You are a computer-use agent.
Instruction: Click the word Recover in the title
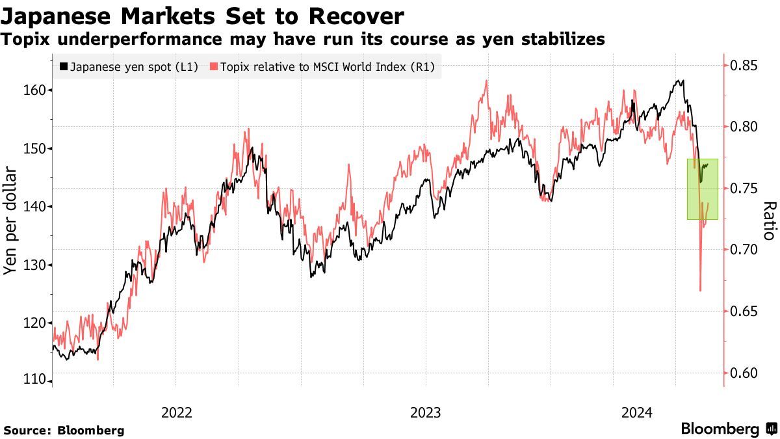[354, 16]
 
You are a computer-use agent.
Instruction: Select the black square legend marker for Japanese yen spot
[63, 66]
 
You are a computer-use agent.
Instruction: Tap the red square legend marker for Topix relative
[214, 66]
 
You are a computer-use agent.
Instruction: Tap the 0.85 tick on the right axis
[744, 65]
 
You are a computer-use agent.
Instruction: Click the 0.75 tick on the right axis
[744, 189]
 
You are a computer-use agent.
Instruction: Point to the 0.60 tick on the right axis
[744, 373]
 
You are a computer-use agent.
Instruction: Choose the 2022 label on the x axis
[177, 412]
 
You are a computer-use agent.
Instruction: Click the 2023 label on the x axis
[425, 412]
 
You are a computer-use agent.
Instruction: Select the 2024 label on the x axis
[636, 412]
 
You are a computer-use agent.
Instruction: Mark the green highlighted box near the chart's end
[703, 189]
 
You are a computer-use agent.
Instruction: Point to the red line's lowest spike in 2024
[700, 290]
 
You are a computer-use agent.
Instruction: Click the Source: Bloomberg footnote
[64, 431]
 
